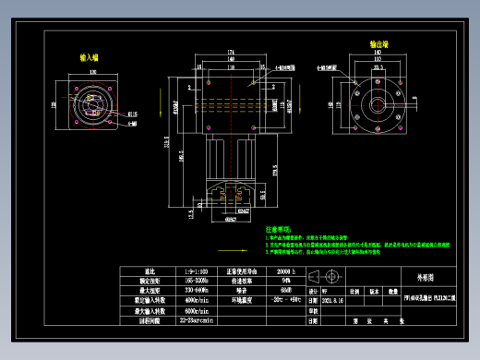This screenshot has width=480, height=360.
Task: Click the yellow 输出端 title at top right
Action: pyautogui.click(x=379, y=43)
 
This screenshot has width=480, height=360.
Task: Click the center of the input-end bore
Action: pyautogui.click(x=93, y=102)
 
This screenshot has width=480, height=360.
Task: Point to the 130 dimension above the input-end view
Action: pyautogui.click(x=93, y=71)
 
